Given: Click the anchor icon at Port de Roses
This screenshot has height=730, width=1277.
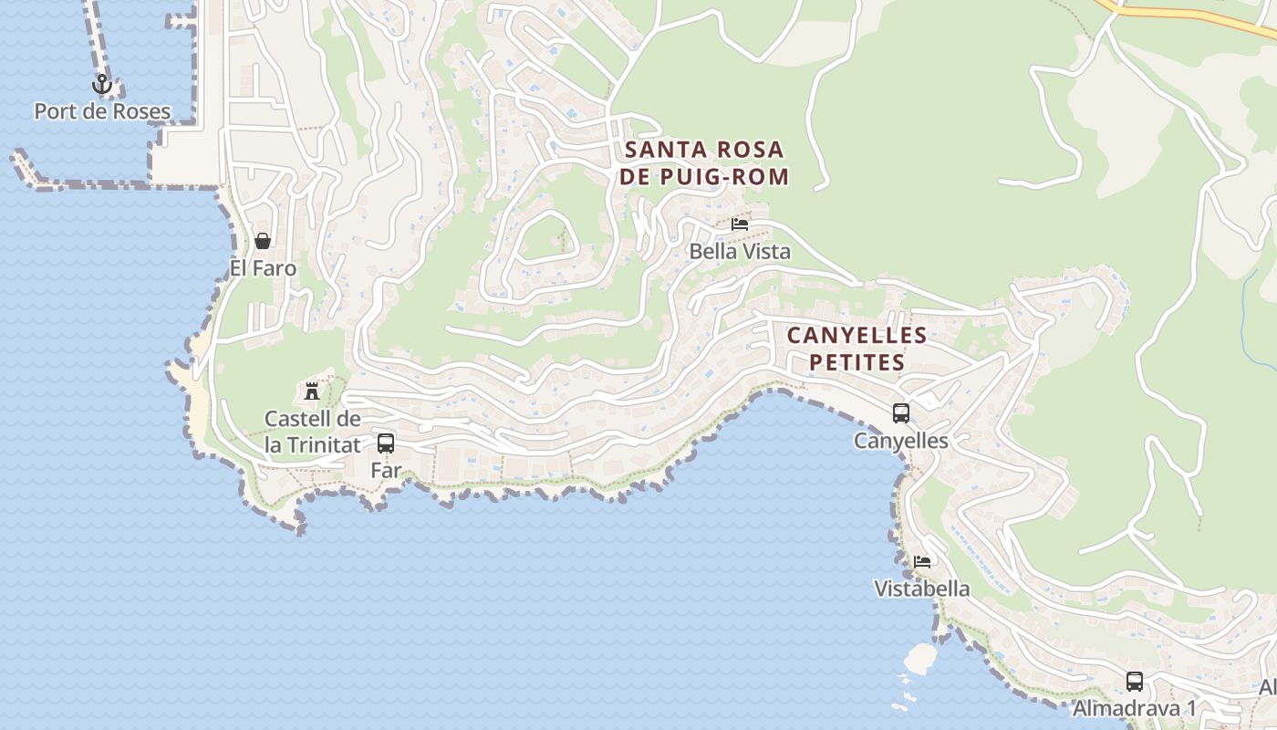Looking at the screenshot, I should coord(102,85).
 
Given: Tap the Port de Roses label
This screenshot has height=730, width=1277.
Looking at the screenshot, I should coord(102,112).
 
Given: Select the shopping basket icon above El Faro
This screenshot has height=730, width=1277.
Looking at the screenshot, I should coord(263,241).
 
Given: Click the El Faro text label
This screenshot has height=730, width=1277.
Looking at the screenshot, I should coord(263,268).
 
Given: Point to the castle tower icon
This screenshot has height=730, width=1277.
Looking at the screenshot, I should coord(312,391).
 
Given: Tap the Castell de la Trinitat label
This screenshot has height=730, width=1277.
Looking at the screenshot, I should coord(313,432).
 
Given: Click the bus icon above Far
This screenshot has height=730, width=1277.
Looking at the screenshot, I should coord(386,443).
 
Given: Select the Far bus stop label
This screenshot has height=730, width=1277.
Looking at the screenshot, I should coord(386,471).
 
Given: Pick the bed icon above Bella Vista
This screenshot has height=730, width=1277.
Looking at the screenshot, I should coord(740,224).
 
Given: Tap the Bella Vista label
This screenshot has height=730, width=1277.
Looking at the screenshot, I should coord(740,251).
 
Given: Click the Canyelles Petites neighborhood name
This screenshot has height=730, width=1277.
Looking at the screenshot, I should coord(857,349).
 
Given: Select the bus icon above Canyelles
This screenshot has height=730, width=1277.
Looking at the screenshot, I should coord(901,413).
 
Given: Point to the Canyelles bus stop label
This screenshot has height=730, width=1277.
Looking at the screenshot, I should coord(901,441).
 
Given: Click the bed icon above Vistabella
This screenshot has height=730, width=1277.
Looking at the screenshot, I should coord(922,561).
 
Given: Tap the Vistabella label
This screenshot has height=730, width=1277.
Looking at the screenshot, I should coord(922,589).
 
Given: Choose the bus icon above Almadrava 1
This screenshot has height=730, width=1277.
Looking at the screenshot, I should coord(1135,681).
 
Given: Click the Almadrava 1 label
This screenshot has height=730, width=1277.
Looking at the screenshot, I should coord(1134,708).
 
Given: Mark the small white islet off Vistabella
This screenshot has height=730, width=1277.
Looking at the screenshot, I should coord(920,658).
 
